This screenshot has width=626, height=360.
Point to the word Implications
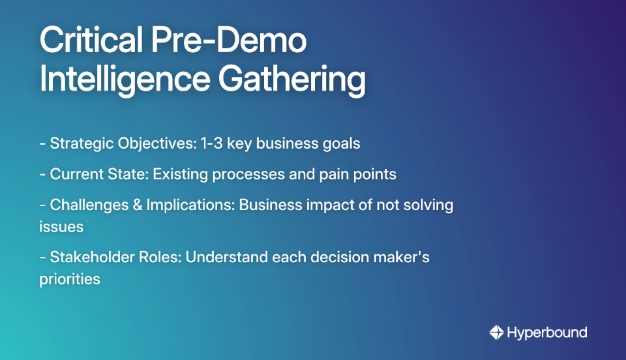coord(189,205)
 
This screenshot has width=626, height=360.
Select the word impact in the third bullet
coord(318,205)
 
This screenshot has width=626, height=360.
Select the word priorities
coord(70,278)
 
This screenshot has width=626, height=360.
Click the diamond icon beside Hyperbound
coord(496,333)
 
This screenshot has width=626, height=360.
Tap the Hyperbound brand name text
coord(546,333)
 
